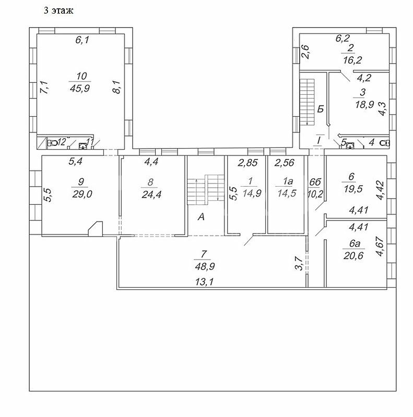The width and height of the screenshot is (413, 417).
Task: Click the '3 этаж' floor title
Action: tap(58, 10)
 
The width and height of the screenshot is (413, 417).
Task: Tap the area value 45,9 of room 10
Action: tap(80, 88)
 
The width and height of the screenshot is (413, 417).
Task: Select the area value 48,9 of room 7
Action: tap(205, 266)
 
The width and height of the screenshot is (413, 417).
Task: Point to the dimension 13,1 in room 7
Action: tap(205, 281)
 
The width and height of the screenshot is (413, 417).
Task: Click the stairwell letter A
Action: tap(201, 217)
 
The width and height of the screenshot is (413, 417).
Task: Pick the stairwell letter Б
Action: tap(321, 109)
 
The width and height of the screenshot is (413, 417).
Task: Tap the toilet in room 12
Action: tap(53, 143)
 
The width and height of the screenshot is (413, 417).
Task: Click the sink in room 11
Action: tap(82, 146)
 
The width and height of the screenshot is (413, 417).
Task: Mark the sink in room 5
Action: tap(350, 145)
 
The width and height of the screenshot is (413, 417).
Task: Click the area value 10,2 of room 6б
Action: tap(315, 194)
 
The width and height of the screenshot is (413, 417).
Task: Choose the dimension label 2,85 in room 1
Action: tap(248, 163)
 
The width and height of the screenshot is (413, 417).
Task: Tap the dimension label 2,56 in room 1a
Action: tap(285, 163)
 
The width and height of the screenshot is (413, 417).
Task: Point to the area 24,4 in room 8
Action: tap(151, 194)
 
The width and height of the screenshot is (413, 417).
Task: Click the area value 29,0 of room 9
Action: tap(82, 194)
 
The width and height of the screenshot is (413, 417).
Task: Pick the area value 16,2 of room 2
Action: tap(352, 60)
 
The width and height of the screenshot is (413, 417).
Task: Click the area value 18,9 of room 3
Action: tap(364, 104)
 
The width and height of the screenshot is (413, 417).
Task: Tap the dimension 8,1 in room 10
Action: tap(117, 87)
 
